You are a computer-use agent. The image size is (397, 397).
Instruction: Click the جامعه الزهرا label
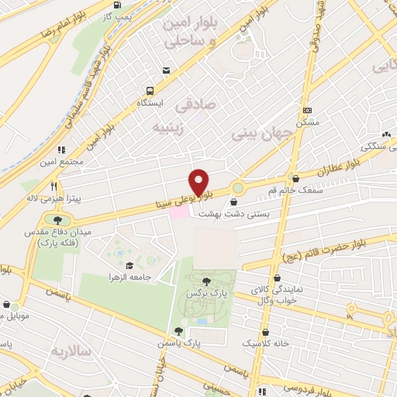tap(129, 277)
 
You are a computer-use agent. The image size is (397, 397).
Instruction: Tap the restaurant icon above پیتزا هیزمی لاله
tap(54, 186)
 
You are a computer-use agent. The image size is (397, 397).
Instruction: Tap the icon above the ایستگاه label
tap(165, 71)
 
